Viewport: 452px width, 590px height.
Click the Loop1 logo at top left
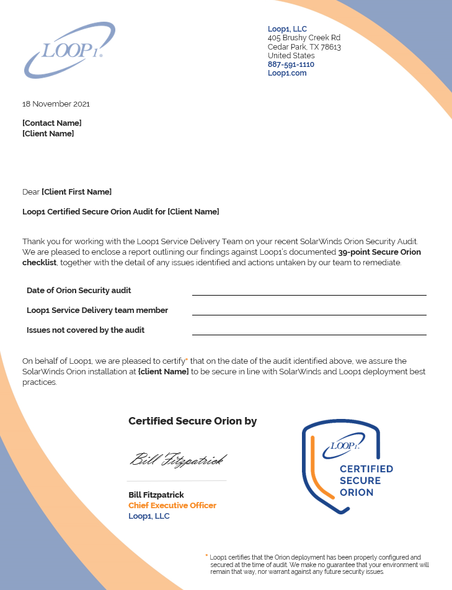(x=69, y=50)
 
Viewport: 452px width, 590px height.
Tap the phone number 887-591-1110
(x=291, y=64)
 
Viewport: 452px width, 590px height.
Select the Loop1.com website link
(x=287, y=73)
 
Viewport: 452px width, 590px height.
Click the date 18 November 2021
(x=56, y=104)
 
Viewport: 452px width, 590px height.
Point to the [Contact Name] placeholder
(x=52, y=123)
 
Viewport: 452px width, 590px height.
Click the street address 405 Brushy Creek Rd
(x=304, y=38)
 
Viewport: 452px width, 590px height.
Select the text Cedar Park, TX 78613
(x=304, y=47)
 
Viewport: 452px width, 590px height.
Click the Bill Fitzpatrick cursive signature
(x=177, y=460)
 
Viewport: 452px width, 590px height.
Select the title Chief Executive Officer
(x=172, y=506)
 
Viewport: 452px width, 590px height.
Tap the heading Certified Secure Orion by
(x=192, y=421)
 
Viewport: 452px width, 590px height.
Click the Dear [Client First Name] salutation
(x=67, y=192)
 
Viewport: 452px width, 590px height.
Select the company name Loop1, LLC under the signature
(x=149, y=516)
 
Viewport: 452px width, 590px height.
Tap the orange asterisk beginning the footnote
(x=206, y=556)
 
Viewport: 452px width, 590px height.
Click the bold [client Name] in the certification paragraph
(x=163, y=372)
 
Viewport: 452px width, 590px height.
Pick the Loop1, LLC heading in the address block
(x=287, y=29)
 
